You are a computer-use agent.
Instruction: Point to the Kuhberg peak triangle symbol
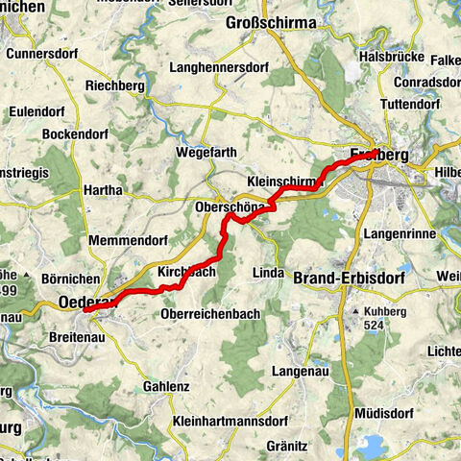pyautogui.click(x=355, y=312)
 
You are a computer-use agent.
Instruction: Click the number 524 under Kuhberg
pyautogui.click(x=376, y=326)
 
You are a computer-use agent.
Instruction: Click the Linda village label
pyautogui.click(x=268, y=273)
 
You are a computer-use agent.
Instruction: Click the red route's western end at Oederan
pyautogui.click(x=85, y=309)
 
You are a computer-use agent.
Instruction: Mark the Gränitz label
pyautogui.click(x=287, y=446)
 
